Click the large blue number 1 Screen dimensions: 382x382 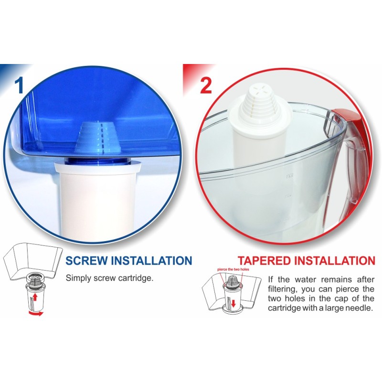tap(19, 85)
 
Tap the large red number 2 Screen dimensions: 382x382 tap(206, 85)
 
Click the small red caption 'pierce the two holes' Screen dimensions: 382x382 tap(233, 269)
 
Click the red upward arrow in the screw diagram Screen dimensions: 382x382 tap(35, 297)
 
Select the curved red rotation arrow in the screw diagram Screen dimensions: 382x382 tap(35, 313)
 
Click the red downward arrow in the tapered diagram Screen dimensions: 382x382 tap(233, 304)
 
